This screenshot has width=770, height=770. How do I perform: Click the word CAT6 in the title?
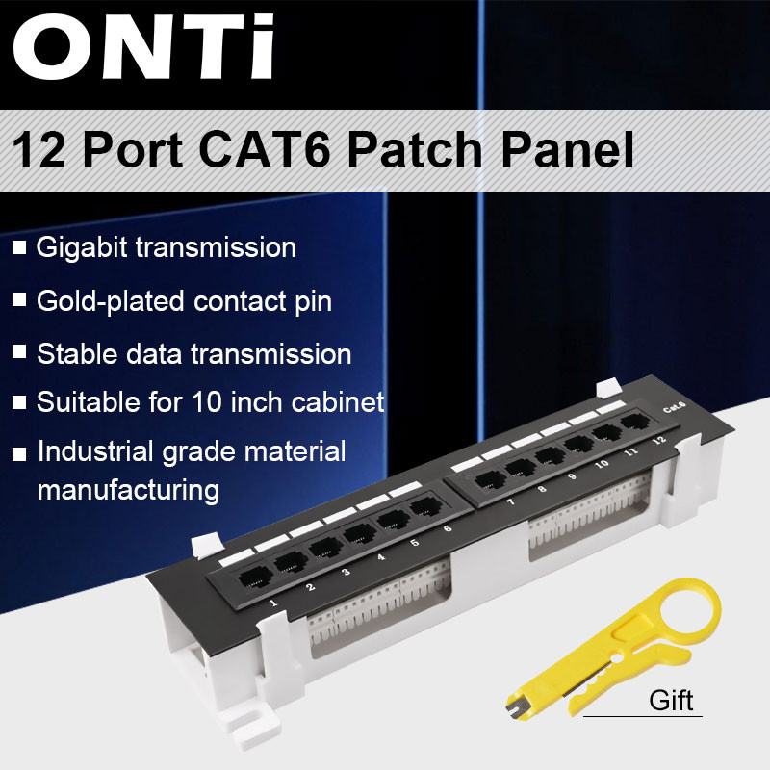[278, 151]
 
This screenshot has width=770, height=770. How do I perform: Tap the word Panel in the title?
[556, 151]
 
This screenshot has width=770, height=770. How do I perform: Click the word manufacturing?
[128, 489]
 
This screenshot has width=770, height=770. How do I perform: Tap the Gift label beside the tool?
[671, 699]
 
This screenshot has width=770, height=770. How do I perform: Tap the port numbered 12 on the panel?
[633, 422]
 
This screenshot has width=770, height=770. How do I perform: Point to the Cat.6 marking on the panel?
[674, 407]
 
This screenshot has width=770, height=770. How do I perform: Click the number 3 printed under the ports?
[345, 573]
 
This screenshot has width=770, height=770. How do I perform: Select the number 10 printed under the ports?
[602, 463]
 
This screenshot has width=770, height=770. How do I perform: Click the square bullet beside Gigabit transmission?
[19, 248]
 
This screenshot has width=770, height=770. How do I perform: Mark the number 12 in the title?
[39, 151]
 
